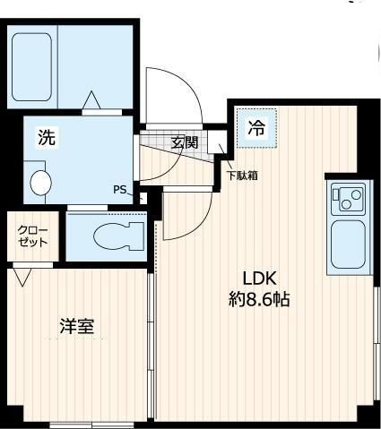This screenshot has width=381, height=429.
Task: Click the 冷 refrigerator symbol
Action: click(x=255, y=129)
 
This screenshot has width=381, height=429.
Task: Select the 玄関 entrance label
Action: click(x=185, y=141)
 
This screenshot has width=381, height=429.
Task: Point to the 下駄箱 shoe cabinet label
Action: click(x=241, y=176)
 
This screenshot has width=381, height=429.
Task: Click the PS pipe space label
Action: click(x=119, y=188)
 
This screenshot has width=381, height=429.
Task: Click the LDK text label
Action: click(x=254, y=277)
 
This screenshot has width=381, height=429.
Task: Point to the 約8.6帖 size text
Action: click(x=258, y=300)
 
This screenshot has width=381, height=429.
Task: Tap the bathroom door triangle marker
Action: click(x=93, y=102)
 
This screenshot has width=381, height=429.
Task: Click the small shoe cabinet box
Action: click(x=221, y=144)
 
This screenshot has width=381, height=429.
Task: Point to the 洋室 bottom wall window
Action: click(x=90, y=422)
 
